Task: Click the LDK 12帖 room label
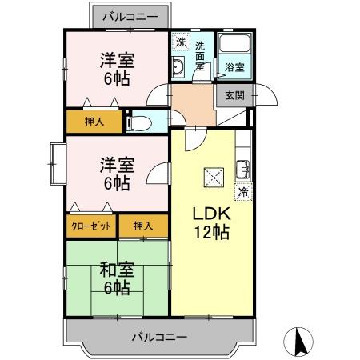click(x=210, y=224)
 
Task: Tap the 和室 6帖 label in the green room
click(x=116, y=277)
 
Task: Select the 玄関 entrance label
click(x=234, y=95)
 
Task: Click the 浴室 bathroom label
click(x=234, y=67)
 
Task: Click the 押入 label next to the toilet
click(x=94, y=122)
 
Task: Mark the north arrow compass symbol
click(x=300, y=342)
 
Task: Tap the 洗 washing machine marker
click(x=181, y=42)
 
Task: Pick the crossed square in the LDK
click(x=214, y=174)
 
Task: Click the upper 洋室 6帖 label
click(x=116, y=68)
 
